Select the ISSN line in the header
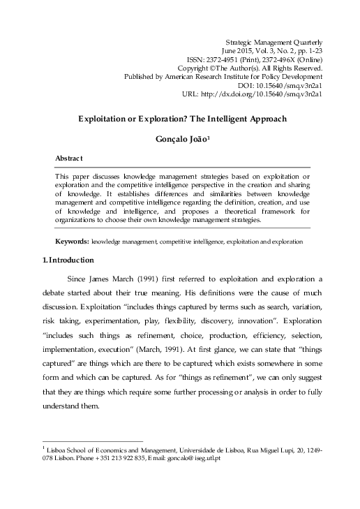255,60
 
